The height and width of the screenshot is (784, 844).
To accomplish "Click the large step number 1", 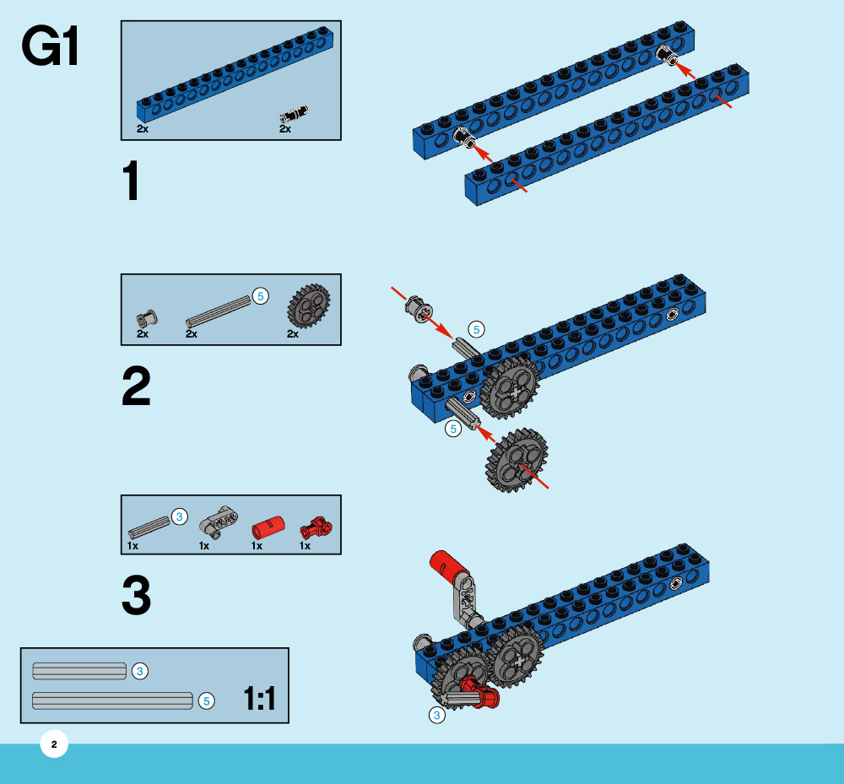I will coord(132,182).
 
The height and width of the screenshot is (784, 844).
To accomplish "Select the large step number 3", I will coord(136,595).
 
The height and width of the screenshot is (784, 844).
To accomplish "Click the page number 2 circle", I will coord(54,744).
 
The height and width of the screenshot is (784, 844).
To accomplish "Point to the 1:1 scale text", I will coord(259,699).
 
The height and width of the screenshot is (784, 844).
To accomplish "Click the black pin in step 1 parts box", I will coord(293,113).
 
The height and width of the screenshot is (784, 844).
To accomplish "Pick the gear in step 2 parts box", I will coord(308,306).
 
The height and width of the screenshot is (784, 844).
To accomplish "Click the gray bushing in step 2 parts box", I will coord(147,318).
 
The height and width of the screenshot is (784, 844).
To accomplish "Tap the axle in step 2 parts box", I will coord(218,311).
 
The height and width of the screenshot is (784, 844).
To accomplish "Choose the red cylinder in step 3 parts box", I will coord(268,529).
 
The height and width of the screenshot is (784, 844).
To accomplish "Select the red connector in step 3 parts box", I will coord(316,527).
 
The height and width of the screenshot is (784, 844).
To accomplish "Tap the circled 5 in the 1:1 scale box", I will coord(206,700).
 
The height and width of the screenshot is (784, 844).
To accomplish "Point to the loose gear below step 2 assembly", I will coord(517,460).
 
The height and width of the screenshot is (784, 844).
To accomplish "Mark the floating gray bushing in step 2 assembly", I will coord(418,309).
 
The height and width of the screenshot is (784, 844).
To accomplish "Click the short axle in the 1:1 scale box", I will coord(78,671).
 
